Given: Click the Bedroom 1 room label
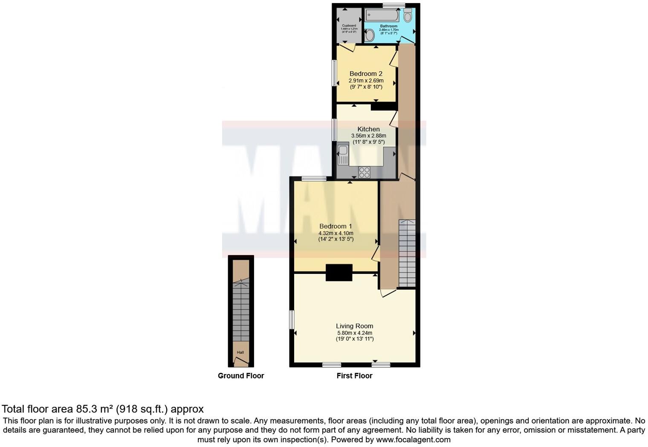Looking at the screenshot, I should (x=336, y=226).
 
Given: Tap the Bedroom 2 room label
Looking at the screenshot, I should (x=366, y=74).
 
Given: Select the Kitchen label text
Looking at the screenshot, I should (x=368, y=129).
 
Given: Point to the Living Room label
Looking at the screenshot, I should (x=354, y=326).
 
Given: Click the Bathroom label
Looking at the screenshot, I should (x=388, y=26).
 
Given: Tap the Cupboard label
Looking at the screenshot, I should (x=349, y=26).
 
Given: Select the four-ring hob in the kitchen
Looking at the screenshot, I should (x=364, y=172).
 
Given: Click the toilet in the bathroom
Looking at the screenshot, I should (x=408, y=15).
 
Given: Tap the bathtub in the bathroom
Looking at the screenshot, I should (x=382, y=16).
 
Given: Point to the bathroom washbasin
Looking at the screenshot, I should (x=370, y=35).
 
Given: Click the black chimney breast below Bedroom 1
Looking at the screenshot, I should (x=339, y=273).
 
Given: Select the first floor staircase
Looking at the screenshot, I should (x=407, y=253).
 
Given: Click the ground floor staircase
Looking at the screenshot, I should (x=241, y=310).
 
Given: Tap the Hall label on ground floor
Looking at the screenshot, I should (x=240, y=352).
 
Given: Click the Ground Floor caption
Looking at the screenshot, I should (x=241, y=376).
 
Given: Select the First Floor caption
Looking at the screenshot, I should (x=354, y=376).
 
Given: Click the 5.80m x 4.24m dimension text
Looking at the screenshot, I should (x=354, y=333).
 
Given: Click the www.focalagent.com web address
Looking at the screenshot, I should (x=413, y=439).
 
